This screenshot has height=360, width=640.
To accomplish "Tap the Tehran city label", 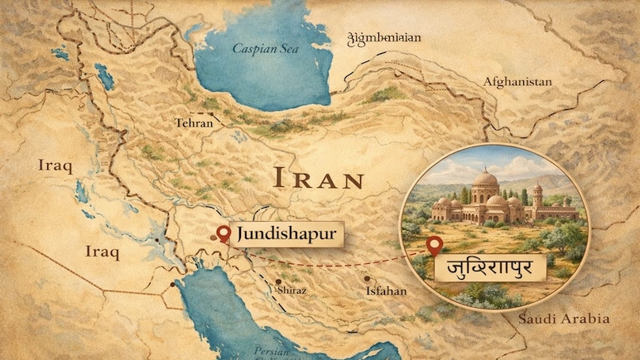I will coord(194,123).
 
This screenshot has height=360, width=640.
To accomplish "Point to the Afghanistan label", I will coord(517,82).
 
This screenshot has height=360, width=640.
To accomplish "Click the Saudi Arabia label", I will coord(563,319).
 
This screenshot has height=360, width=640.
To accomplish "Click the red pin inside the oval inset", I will coord(433,244).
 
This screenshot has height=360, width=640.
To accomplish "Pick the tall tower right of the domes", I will coord(537,197).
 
